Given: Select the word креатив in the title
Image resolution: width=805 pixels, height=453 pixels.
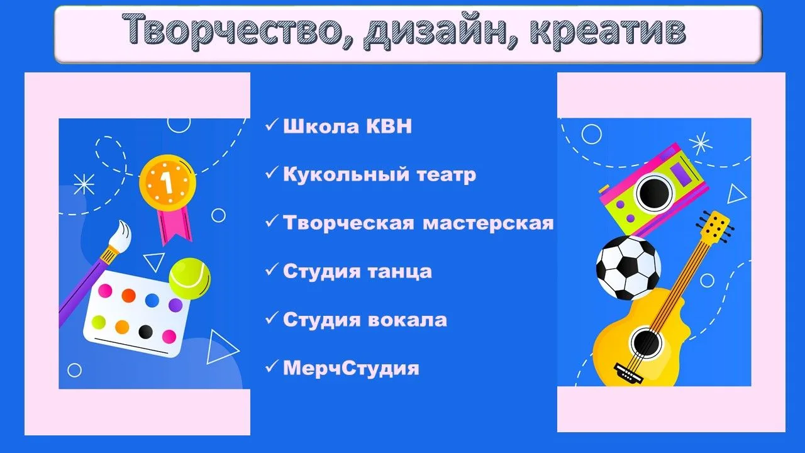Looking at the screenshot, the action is (x=608, y=30).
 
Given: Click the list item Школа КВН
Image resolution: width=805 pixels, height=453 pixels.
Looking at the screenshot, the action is (x=347, y=126).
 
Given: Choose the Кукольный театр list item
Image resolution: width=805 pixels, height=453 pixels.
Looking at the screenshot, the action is (x=379, y=175).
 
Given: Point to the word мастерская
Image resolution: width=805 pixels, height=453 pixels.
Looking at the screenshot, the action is (x=488, y=223).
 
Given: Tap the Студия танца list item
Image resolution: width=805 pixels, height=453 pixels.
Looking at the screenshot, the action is (x=357, y=272).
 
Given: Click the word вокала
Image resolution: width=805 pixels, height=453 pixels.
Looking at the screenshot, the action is (x=408, y=320).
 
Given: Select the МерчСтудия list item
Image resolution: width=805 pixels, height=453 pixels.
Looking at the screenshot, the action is (x=351, y=368).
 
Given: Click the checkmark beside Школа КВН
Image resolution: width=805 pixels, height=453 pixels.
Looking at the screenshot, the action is (x=272, y=125).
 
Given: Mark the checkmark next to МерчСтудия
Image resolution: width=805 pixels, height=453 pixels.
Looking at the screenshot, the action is (x=272, y=366).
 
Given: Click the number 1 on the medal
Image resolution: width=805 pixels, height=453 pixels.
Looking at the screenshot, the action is (x=167, y=182).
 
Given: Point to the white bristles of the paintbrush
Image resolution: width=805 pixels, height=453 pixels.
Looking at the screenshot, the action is (x=121, y=235).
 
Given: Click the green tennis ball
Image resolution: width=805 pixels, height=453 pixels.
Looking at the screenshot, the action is (x=190, y=279).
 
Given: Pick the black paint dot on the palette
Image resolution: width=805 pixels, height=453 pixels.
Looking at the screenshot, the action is (x=145, y=332).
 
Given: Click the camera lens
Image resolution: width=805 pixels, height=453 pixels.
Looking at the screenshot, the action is (x=653, y=193).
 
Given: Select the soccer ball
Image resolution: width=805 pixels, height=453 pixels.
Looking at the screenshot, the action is (x=628, y=268).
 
